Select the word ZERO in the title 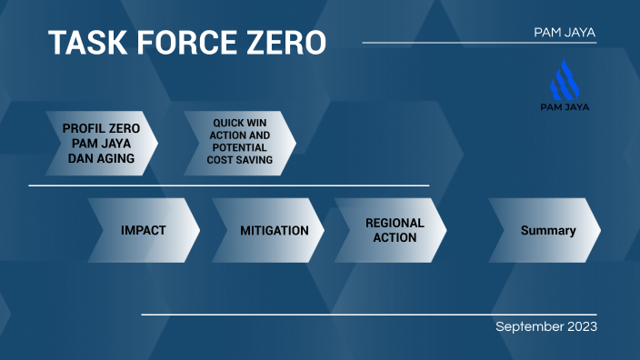click(285, 43)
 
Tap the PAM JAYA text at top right click(565, 33)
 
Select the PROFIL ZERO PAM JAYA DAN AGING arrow click(101, 144)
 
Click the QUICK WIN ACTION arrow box click(239, 144)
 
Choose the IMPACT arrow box click(144, 230)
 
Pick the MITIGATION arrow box click(274, 230)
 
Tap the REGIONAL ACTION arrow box click(394, 230)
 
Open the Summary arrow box click(547, 230)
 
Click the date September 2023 click(545, 326)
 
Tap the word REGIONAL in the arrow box click(395, 223)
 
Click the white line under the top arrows click(227, 185)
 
